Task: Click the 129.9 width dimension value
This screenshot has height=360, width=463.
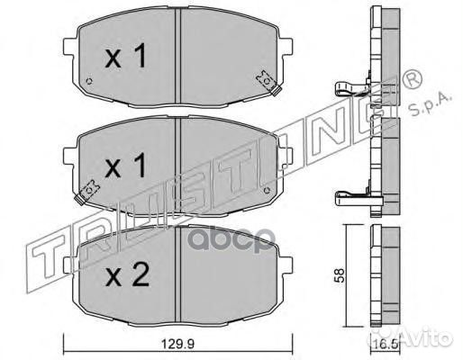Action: [x=178, y=344]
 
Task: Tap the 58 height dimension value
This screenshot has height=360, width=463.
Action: [x=340, y=275]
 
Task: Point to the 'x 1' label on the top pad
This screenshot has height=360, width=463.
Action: [x=126, y=56]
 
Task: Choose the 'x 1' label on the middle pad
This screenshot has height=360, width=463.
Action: [x=126, y=166]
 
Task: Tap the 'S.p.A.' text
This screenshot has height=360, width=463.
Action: [x=431, y=104]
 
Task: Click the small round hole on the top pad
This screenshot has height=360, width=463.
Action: [x=89, y=81]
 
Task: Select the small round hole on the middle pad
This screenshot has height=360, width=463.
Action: [x=266, y=190]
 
